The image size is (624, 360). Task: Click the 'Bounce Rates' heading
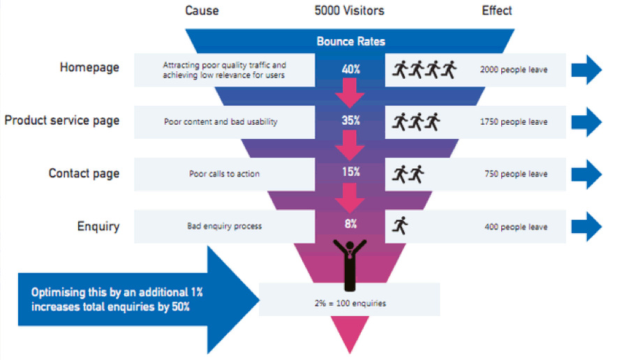[350, 41]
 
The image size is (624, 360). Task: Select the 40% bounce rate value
[350, 69]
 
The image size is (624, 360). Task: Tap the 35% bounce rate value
[350, 121]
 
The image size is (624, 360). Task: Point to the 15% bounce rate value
[350, 172]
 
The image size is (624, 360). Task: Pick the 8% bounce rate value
[350, 224]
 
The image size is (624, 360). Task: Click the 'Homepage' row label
[89, 68]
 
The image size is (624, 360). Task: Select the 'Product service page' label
[62, 120]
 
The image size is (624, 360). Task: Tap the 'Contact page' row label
[84, 173]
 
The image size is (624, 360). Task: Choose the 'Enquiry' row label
[98, 226]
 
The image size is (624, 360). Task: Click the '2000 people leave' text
[513, 70]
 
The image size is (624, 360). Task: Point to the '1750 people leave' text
[513, 121]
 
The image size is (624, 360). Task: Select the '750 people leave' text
[515, 174]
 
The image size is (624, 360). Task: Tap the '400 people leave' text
[515, 227]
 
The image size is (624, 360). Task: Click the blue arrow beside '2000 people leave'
[586, 69]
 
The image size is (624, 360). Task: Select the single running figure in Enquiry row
[401, 225]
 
